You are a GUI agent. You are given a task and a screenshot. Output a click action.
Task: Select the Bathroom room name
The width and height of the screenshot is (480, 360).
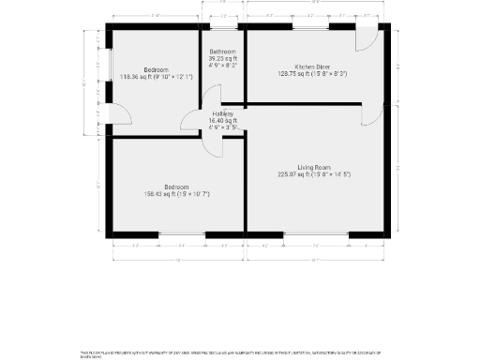[x=222, y=51]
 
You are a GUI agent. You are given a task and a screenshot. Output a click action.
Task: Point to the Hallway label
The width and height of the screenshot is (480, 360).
[x=222, y=113]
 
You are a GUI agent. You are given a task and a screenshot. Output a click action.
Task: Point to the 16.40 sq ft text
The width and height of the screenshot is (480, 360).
[x=222, y=121]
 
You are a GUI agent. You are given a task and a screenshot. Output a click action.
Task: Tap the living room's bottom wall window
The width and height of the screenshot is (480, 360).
[x=316, y=233]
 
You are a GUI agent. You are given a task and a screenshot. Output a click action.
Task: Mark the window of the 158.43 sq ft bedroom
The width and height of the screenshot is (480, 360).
[x=182, y=233]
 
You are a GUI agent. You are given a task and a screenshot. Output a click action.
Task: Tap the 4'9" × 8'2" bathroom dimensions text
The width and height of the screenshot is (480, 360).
[x=222, y=66]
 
